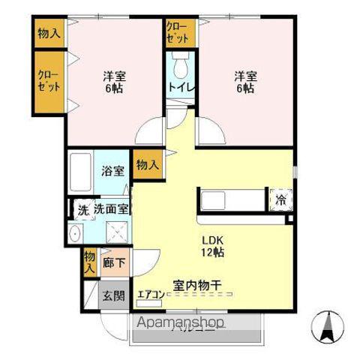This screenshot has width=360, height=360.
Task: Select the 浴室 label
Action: [112, 171]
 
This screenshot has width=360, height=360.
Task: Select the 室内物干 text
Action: [197, 285]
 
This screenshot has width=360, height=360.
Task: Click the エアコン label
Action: [150, 295]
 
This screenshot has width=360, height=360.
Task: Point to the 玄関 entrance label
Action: [114, 295]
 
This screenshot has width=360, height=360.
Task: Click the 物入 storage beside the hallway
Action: [89, 261]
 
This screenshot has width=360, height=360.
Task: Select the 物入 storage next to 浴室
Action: [148, 165]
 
